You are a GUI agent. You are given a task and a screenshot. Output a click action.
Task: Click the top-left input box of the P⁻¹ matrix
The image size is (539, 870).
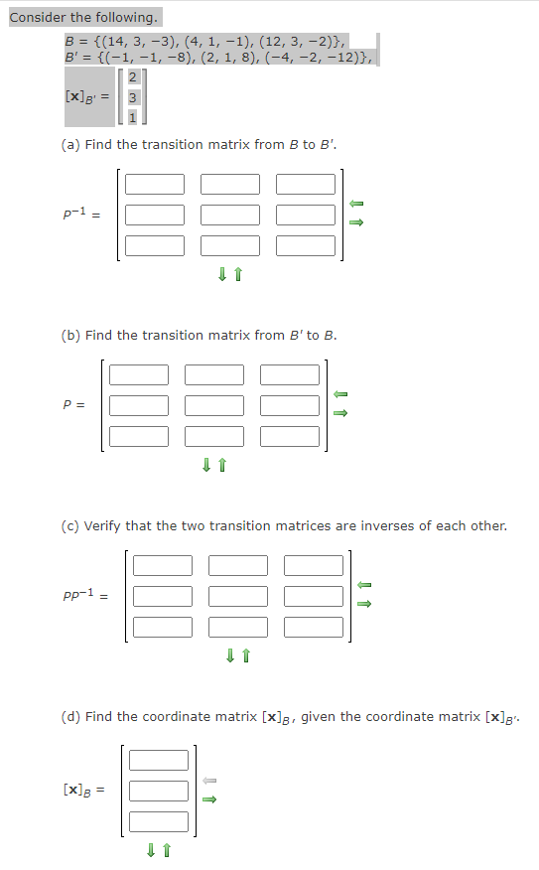coord(155,184)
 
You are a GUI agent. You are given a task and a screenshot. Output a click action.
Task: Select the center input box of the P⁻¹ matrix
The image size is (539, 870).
coord(230,215)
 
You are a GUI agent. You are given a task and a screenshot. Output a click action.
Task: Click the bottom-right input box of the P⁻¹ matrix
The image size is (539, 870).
coord(306,245)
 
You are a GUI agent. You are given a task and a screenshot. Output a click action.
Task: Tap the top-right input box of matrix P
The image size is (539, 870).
coord(290,374)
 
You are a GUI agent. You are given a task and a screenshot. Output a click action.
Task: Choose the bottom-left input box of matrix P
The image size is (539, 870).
coord(139,436)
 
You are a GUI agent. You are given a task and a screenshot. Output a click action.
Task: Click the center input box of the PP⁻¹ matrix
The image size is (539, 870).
coord(238,597)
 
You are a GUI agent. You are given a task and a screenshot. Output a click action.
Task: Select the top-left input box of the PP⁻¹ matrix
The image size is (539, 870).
coord(163,565)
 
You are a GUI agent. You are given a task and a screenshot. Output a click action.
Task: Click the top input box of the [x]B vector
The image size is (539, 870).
coord(159,760)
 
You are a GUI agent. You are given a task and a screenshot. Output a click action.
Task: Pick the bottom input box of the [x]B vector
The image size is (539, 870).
coord(159,821)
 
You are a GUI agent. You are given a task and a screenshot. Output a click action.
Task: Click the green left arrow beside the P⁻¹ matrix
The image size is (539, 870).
coord(356,204)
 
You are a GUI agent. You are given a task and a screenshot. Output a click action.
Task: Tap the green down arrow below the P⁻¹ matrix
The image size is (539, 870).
coord(222,274)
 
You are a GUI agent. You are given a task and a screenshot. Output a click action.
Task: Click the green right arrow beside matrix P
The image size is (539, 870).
coord(340,413)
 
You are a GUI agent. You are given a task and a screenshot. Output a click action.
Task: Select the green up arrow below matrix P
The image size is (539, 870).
coord(222,465)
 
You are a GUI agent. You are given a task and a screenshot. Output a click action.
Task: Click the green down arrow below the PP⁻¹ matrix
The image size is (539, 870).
coord(230,655)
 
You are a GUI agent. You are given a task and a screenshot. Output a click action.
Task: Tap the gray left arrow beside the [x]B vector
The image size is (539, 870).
coord(209,781)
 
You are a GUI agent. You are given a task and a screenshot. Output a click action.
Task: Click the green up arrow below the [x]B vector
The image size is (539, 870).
coord(167,850)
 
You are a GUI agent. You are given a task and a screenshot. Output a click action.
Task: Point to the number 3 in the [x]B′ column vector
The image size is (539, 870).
coord(133,97)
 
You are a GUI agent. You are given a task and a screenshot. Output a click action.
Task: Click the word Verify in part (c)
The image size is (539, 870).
coord(102,526)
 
